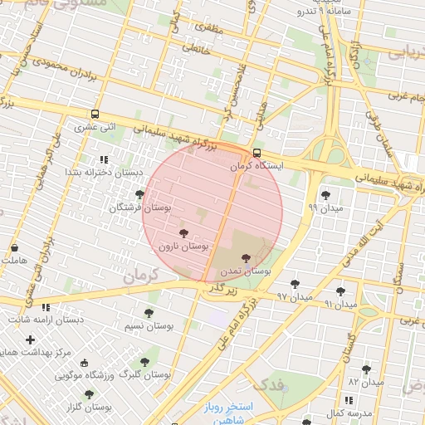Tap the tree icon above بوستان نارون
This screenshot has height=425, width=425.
(x=183, y=234)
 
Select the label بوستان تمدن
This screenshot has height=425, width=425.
(x=247, y=271)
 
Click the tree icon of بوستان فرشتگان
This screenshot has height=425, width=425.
(x=139, y=194)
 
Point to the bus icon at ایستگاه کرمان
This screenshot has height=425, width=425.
(x=256, y=154)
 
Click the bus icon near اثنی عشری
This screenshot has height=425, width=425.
(x=95, y=115)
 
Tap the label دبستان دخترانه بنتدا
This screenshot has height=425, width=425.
(x=104, y=172)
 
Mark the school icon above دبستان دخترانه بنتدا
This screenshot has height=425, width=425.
(x=104, y=159)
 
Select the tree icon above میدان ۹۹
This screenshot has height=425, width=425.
(x=324, y=194)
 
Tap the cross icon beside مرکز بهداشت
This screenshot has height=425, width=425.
(x=31, y=340)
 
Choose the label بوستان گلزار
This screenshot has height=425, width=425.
(x=90, y=408)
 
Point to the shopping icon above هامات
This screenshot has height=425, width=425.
(x=15, y=248)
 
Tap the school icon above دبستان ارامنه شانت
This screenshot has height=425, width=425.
(x=46, y=308)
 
